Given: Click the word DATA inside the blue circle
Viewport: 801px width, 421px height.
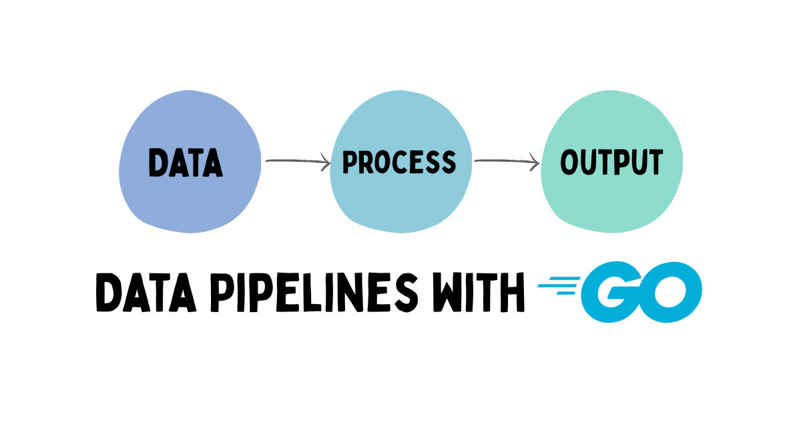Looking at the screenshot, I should (186, 162).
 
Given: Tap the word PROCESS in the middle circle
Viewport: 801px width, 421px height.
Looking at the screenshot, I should (399, 162).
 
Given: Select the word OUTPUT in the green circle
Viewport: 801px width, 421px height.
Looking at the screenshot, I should (611, 162).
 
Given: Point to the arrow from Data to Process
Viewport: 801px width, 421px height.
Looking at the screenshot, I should (297, 160).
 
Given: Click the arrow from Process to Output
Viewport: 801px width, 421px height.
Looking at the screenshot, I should (506, 160).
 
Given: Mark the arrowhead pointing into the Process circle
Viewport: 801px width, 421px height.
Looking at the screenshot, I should (326, 160).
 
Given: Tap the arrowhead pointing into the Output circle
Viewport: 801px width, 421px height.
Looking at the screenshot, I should (535, 160).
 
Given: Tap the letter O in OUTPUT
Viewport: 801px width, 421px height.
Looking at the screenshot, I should (569, 162).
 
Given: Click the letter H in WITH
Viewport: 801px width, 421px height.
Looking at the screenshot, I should (513, 293).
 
